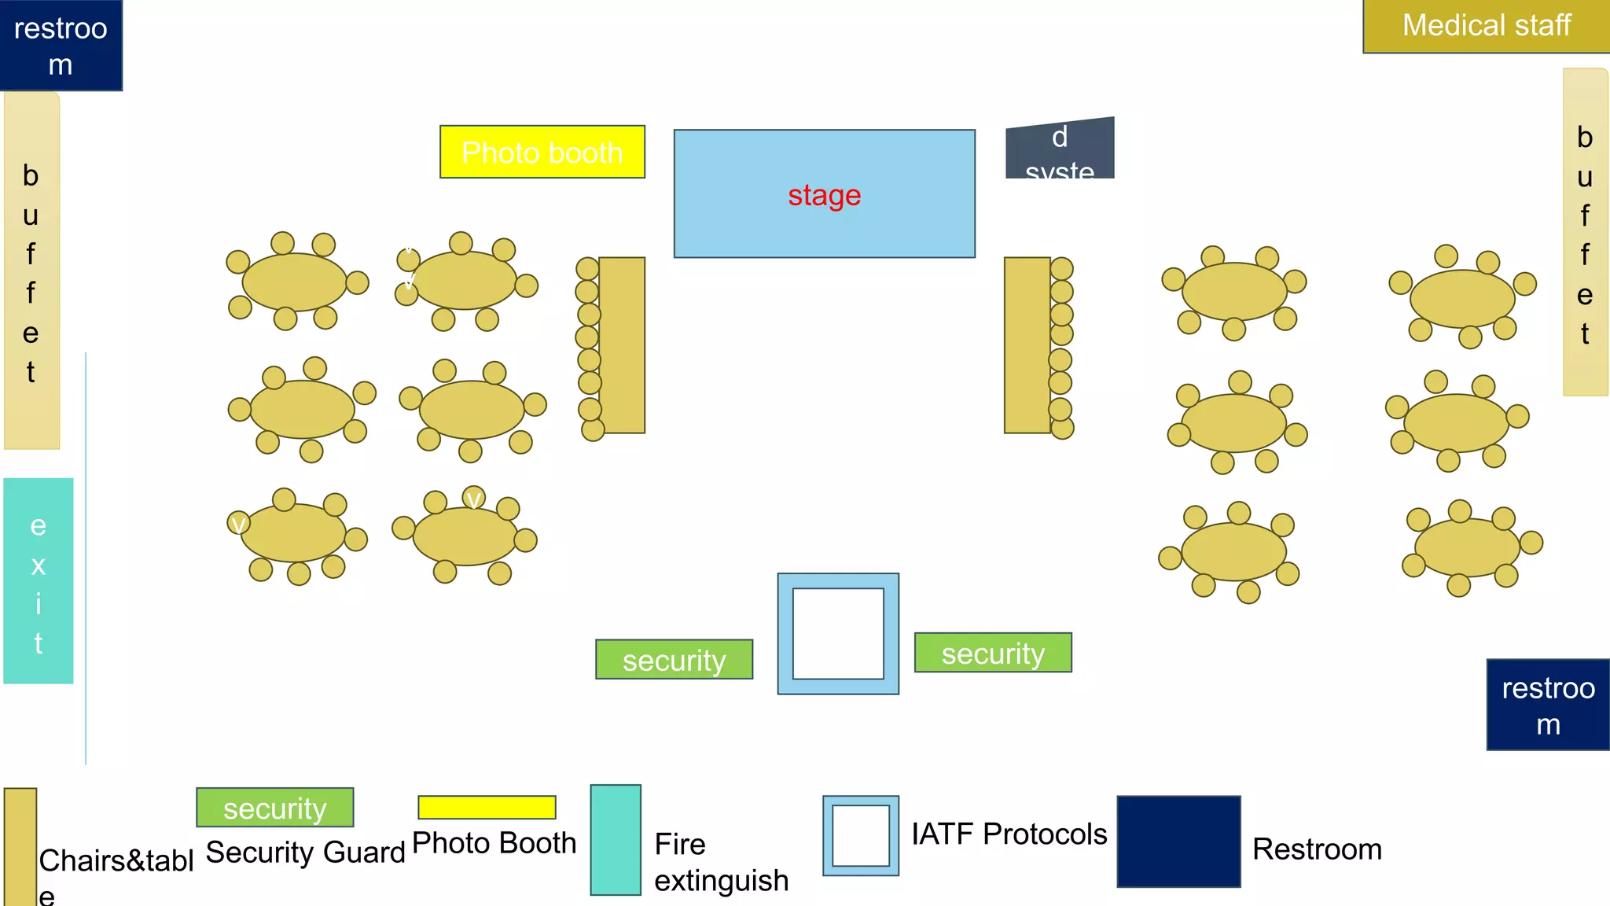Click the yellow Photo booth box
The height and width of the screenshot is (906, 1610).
coord(542,152)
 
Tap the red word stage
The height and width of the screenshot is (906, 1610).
coord(824,195)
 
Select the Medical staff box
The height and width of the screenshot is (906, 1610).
coord(1486,26)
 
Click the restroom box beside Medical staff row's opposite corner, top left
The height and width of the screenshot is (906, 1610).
coord(61,45)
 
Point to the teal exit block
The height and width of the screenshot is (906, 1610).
coord(38,580)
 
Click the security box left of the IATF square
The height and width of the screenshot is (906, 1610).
coord(674,660)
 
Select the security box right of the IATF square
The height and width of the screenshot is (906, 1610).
coord(992,653)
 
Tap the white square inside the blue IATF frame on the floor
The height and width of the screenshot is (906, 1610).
coord(838,634)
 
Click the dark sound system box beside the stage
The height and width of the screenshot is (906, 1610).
coord(1060,149)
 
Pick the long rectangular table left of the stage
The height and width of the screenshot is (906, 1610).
coord(622,344)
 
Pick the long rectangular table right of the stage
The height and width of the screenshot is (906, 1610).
coord(1027,344)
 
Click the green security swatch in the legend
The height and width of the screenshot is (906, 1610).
coord(274,808)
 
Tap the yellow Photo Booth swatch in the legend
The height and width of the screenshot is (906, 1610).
coord(487,807)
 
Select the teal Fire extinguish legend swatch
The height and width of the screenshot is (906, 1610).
coord(616,840)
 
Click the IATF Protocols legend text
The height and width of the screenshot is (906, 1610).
coord(1009,834)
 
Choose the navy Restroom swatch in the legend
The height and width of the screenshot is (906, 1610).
coord(1178,842)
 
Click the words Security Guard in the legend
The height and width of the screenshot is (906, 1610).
coord(305,852)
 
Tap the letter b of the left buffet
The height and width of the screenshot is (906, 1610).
coord(31,175)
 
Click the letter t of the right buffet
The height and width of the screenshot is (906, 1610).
coord(1585,334)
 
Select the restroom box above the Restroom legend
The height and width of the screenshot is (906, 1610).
coord(1547,705)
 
